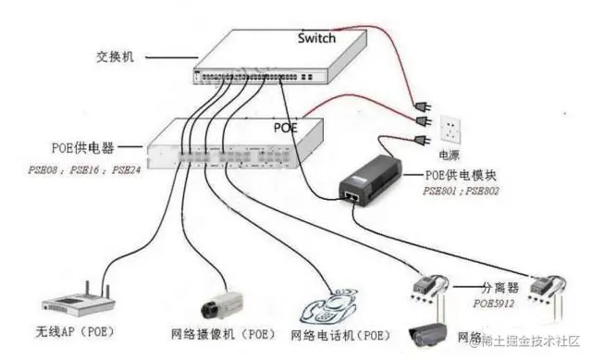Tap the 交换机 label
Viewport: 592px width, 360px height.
(116, 56)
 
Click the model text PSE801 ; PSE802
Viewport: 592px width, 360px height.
(461, 190)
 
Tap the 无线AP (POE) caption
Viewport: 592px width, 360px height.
(80, 332)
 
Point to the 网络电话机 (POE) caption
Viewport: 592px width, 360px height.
(339, 334)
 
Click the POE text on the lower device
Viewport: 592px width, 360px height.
(285, 128)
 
